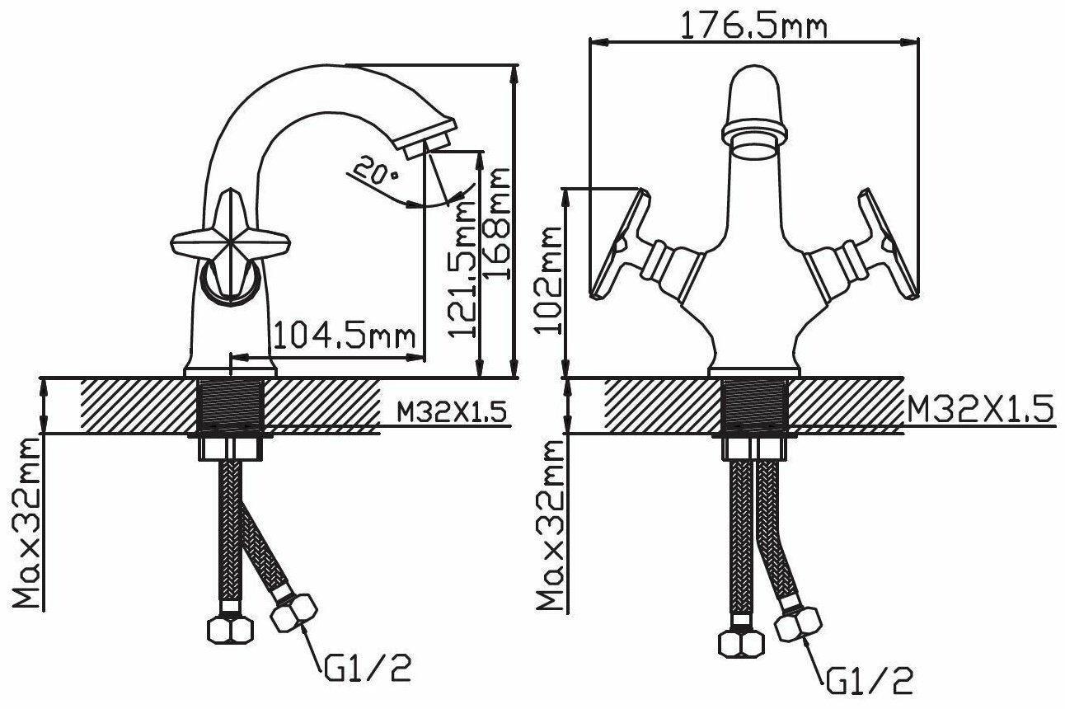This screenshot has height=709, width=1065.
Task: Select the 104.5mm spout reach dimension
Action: click(345, 335)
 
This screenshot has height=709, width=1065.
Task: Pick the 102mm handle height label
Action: click(548, 280)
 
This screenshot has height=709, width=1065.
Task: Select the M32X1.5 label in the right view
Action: click(979, 410)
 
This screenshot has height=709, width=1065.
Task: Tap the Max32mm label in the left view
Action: click(26, 523)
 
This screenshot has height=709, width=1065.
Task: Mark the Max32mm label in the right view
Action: click(550, 525)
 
